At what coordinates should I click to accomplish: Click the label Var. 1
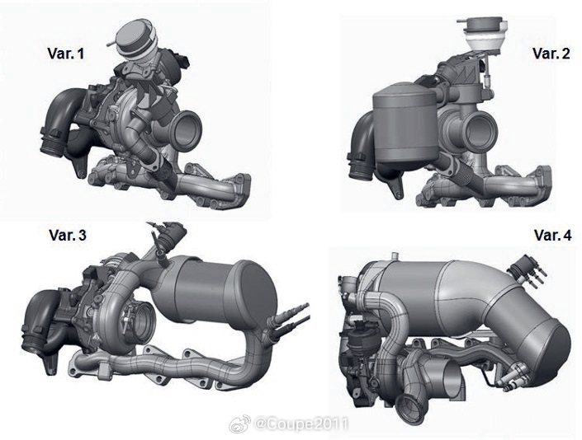pyautogui.click(x=66, y=54)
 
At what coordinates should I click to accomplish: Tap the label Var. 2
pyautogui.click(x=551, y=54)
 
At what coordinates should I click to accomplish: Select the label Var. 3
pyautogui.click(x=68, y=235)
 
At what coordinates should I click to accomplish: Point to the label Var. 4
pyautogui.click(x=553, y=235)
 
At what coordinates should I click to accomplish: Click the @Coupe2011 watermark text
pyautogui.click(x=301, y=424)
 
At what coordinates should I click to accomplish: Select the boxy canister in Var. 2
pyautogui.click(x=405, y=127)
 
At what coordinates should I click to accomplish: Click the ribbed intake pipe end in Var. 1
pyautogui.click(x=51, y=141)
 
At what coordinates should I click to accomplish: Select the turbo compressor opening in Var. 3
pyautogui.click(x=140, y=317)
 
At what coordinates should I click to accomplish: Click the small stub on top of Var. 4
pyautogui.click(x=394, y=256)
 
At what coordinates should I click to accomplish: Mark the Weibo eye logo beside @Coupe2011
pyautogui.click(x=239, y=424)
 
